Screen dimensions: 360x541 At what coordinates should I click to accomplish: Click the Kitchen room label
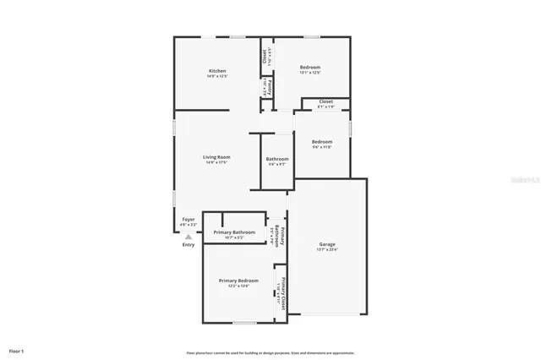[x=217, y=70]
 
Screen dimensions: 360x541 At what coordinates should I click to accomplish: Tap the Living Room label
[x=217, y=156]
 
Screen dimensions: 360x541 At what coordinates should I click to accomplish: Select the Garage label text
[x=326, y=243]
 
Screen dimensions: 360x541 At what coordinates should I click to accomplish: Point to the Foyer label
[x=189, y=219]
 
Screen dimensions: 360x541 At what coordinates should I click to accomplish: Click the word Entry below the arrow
[x=189, y=245]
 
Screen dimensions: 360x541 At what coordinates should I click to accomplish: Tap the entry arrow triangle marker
[x=188, y=237]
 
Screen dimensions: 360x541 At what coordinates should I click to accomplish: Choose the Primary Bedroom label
[x=238, y=280]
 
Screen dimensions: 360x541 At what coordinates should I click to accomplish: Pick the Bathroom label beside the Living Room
[x=277, y=159]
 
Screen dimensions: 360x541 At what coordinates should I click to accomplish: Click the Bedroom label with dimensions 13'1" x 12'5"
[x=309, y=67]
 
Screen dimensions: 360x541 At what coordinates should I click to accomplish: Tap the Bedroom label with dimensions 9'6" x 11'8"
[x=321, y=141]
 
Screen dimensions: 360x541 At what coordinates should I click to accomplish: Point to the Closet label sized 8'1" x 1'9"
[x=325, y=101]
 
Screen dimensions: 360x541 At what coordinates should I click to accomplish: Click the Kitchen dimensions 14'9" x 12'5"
[x=217, y=76]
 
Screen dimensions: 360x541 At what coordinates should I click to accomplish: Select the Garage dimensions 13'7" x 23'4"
[x=326, y=249]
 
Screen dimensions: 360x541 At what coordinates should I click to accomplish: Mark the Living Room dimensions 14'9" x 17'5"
[x=217, y=162]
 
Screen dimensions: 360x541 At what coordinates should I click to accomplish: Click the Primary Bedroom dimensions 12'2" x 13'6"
[x=238, y=286]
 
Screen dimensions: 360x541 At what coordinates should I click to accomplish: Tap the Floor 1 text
[x=16, y=350]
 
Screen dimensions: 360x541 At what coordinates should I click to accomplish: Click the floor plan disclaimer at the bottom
[x=270, y=352]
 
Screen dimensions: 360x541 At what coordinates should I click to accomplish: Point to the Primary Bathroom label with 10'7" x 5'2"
[x=234, y=232]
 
